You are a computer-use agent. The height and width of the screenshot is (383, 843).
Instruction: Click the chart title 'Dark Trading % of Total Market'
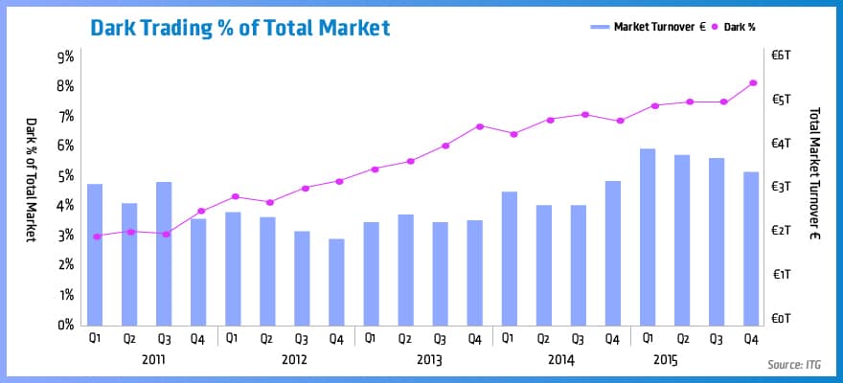point(239,27)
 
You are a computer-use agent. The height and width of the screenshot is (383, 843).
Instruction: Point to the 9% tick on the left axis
point(63,56)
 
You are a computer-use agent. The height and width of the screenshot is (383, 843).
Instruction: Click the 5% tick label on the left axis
point(63,176)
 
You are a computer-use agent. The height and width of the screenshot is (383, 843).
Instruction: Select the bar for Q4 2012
point(336,282)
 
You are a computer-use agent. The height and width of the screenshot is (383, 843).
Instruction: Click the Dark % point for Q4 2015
point(752,83)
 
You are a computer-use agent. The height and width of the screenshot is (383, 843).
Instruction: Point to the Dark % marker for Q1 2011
point(95,237)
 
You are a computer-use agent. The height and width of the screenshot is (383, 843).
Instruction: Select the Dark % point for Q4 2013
point(478,126)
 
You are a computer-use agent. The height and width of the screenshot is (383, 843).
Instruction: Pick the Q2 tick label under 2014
point(543,338)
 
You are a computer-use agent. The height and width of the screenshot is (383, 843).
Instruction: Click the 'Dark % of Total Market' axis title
point(30,179)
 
